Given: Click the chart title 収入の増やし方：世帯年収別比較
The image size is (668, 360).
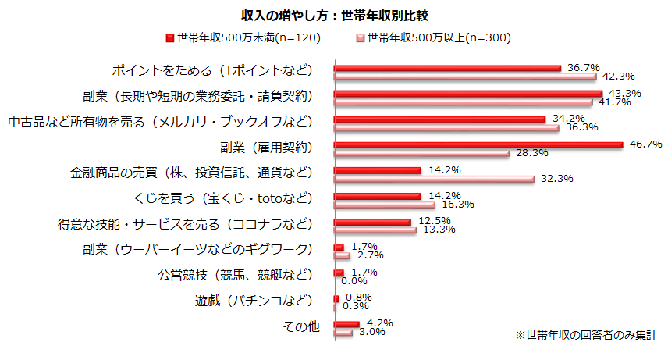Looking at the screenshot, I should coord(334,15).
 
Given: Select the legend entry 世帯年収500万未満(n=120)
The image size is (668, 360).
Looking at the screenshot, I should coord(243,37).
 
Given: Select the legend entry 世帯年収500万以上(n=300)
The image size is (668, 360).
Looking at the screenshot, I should coord(434,37).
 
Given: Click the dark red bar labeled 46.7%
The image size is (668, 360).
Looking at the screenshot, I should coord(478,144).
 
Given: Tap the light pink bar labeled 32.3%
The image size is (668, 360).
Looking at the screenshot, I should coord(434,179).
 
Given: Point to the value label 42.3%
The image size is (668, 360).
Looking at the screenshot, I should coord(618,77).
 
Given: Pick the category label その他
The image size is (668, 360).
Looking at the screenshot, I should coord(300,326).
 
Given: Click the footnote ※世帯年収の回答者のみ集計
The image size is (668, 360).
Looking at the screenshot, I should coord(585,334).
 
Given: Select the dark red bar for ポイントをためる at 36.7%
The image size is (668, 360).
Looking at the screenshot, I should coord(447,68).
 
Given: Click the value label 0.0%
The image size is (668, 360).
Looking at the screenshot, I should coord(354,281).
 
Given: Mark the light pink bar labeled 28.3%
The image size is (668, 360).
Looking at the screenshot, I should coord(421,153).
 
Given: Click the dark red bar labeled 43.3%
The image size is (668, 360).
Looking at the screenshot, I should coord(467,94).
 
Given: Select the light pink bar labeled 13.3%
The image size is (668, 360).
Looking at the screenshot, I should coord(375,230).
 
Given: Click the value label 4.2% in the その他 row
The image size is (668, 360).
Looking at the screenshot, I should coord(378,323).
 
